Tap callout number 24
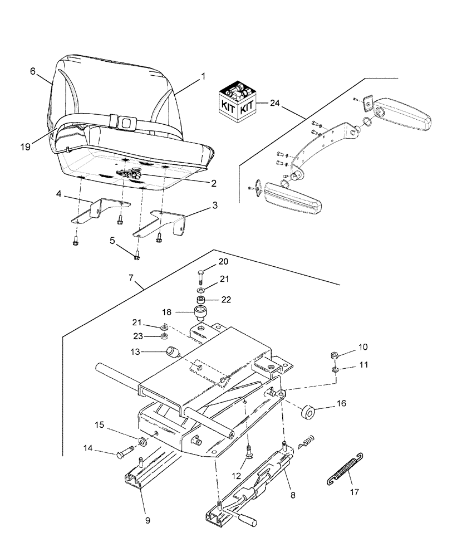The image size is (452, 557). tap(274, 103)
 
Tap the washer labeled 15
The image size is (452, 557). tap(143, 442)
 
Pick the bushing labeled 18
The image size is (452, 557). tap(200, 310)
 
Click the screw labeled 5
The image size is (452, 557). tap(137, 256)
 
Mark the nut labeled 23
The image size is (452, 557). tap(164, 336)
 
